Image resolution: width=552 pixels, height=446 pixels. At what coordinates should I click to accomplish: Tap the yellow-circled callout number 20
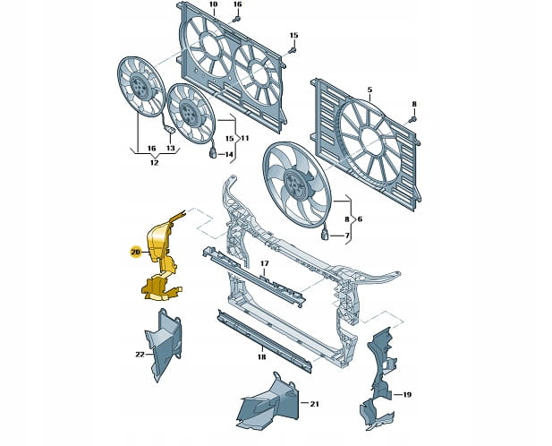tap(135, 252)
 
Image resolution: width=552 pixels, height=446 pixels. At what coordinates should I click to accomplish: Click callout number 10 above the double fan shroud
tap(213, 4)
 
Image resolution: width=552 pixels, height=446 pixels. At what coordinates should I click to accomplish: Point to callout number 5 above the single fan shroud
tap(369, 90)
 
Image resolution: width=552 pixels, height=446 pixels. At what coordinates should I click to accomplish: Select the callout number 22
tap(140, 355)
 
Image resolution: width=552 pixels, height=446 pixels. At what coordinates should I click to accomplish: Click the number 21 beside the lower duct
tap(314, 404)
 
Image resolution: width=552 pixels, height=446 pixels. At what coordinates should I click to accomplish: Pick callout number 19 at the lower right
tap(406, 395)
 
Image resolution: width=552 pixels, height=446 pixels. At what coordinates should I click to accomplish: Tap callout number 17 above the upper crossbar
tap(265, 263)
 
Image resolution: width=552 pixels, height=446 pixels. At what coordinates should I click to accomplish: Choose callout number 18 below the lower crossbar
tap(261, 356)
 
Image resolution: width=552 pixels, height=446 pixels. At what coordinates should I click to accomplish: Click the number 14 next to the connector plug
tap(229, 154)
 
